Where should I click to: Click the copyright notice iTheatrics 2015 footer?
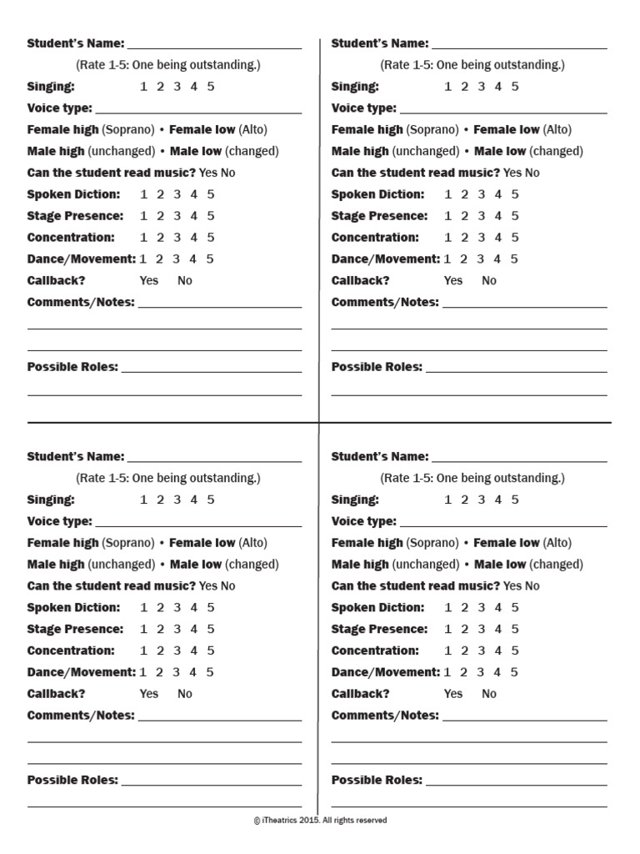coord(320,820)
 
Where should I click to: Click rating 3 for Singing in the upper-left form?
coord(177,86)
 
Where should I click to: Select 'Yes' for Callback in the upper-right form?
coord(453,280)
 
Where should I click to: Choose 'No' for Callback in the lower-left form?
coord(185,693)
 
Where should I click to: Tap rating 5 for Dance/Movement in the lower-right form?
coord(515,671)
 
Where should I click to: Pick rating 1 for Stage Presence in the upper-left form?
coord(143,215)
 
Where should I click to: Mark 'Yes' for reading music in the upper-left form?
coord(208,173)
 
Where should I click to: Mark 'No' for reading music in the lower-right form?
coord(532,585)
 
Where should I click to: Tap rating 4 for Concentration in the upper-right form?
coord(497,237)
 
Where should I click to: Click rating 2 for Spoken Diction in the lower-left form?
coord(160,607)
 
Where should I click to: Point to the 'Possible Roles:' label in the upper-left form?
coord(72,366)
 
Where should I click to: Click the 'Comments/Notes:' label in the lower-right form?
coord(385,715)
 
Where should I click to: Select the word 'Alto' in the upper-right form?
coord(558,129)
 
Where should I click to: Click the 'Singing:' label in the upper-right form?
coord(355,86)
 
